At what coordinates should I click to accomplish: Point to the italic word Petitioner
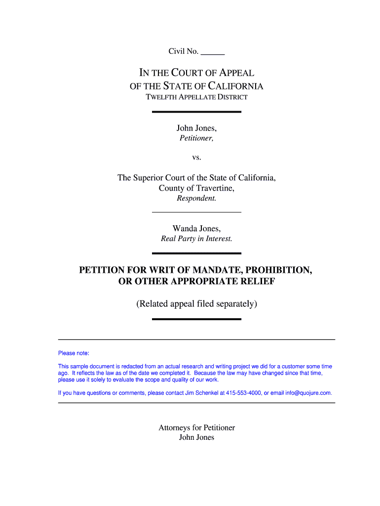pos(196,139)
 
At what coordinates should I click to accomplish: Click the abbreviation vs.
pos(196,158)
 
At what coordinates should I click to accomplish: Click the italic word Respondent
pos(196,199)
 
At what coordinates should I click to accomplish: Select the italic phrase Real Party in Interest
pos(196,239)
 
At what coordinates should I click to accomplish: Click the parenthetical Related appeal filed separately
pos(196,304)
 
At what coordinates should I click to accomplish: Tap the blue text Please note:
pos(74,353)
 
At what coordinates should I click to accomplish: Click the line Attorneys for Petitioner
pos(196,427)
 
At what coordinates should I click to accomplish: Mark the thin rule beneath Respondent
pos(196,212)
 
